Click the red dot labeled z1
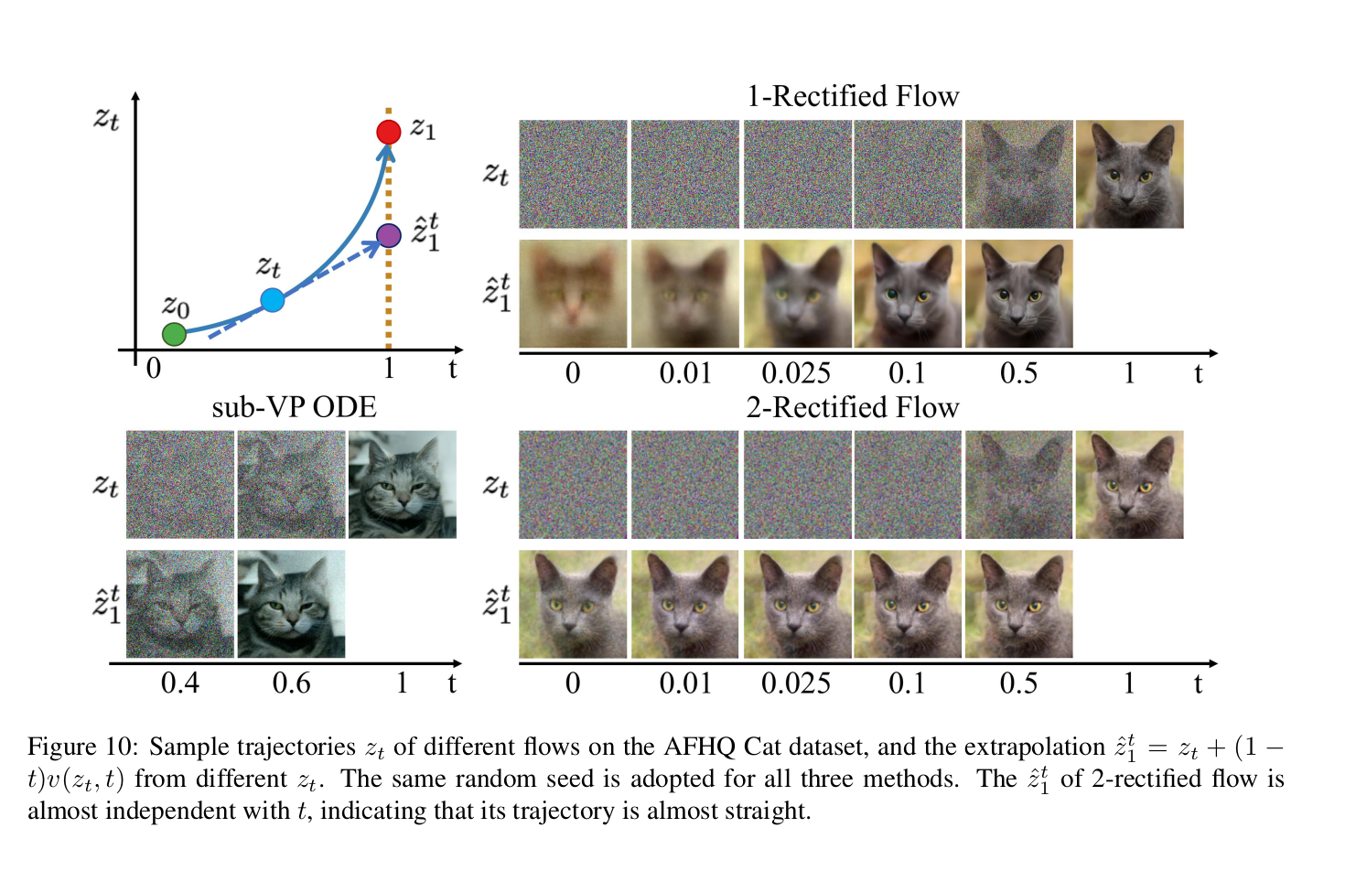click(389, 132)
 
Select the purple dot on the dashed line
click(389, 236)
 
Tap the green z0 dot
click(174, 334)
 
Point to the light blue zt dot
click(272, 300)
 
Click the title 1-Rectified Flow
click(853, 96)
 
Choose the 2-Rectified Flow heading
click(853, 407)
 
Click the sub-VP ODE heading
click(294, 407)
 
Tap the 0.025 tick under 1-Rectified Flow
click(796, 373)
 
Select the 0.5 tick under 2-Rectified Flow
click(1018, 683)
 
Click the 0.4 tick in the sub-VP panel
click(180, 683)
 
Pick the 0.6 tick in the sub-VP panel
click(291, 683)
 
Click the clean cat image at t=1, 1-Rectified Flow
click(1129, 174)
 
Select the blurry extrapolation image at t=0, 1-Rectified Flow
click(573, 294)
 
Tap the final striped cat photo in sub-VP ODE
click(403, 484)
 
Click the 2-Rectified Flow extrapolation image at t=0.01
click(684, 604)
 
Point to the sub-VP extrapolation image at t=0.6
click(291, 604)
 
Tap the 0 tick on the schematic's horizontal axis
click(154, 369)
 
